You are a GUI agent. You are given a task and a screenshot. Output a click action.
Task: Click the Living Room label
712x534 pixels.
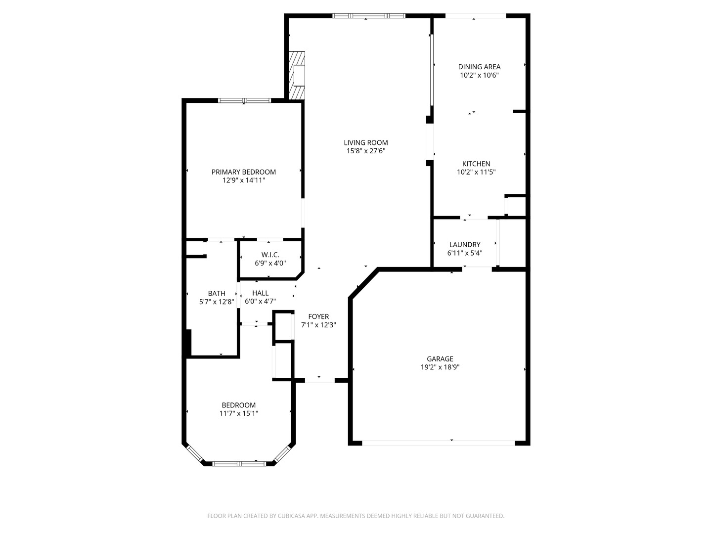[x=365, y=142]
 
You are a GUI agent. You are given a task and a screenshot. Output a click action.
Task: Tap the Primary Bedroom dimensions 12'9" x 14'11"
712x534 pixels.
[x=243, y=180]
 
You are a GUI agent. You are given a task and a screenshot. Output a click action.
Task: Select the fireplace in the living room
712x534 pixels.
[x=298, y=76]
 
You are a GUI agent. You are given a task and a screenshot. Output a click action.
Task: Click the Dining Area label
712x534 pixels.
[x=479, y=67]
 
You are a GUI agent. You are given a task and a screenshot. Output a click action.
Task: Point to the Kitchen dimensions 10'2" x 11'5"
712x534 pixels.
[x=476, y=172]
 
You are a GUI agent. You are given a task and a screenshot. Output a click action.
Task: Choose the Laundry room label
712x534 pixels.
[x=464, y=244]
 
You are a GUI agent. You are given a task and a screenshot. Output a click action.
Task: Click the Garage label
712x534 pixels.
[x=440, y=358]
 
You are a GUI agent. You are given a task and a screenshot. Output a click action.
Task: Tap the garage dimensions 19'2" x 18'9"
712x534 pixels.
[x=440, y=367]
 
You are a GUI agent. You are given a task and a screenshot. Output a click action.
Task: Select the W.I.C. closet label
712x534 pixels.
[x=270, y=255]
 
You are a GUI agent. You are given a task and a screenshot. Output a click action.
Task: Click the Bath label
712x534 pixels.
[x=217, y=293]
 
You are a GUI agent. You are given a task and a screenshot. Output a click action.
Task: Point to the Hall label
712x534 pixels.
[x=260, y=293]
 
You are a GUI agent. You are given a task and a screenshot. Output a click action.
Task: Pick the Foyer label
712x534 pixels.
[x=318, y=316]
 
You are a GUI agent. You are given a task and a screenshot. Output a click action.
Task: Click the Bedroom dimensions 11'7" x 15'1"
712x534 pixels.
[x=239, y=413]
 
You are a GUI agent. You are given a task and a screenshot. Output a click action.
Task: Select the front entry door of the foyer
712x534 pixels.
[x=319, y=380]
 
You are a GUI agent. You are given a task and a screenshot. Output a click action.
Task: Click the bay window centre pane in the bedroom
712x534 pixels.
[x=239, y=464]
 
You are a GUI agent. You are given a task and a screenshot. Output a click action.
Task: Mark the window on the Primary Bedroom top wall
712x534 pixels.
[x=244, y=100]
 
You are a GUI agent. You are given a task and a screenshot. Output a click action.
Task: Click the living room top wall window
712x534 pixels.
[x=368, y=16]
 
